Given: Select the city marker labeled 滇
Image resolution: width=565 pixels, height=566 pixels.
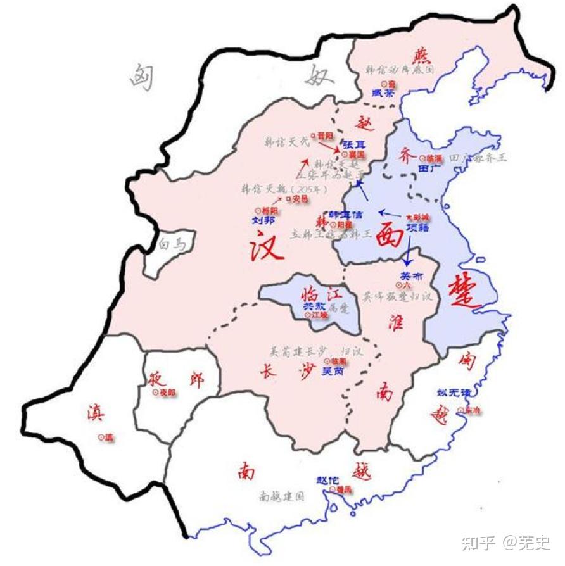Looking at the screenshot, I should point(101,437).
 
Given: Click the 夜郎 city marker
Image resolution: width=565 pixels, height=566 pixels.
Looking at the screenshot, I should point(155,393).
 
